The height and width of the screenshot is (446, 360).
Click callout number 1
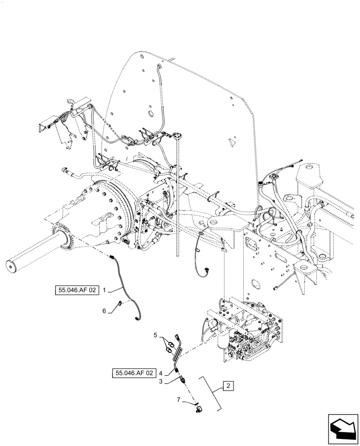click(104, 290)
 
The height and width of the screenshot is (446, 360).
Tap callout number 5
click(156, 334)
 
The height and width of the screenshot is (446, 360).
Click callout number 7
click(179, 400)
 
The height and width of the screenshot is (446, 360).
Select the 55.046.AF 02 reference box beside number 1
click(76, 290)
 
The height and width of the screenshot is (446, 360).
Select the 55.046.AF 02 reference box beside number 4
click(134, 372)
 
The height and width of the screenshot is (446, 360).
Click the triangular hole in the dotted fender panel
click(232, 142)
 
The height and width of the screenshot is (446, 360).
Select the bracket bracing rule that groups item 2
click(213, 392)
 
